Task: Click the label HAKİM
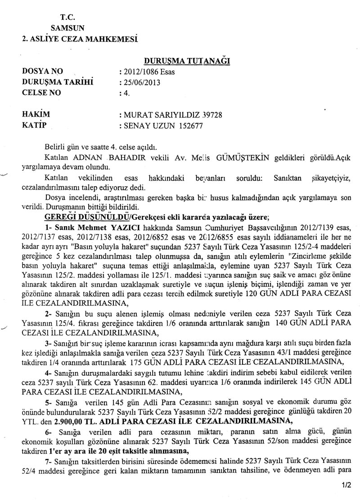[x=36, y=114]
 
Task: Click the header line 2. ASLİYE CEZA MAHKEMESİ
[x=76, y=39]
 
